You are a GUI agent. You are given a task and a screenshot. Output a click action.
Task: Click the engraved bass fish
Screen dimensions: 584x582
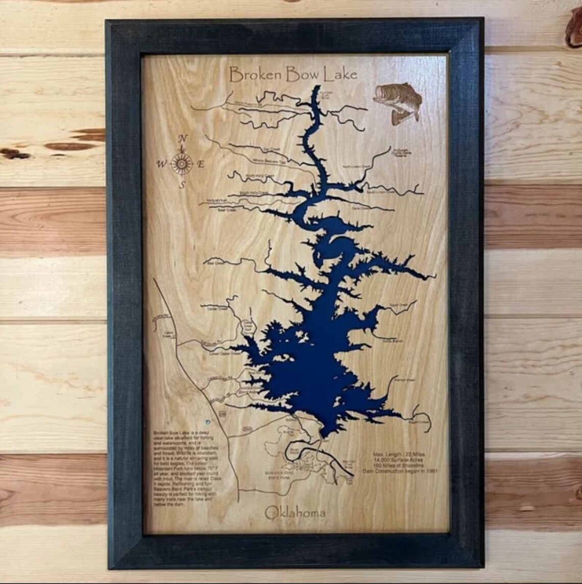point(399,102)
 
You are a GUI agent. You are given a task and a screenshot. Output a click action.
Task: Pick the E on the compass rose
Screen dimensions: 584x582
point(201,164)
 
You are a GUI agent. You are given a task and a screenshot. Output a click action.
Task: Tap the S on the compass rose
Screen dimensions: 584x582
point(182,186)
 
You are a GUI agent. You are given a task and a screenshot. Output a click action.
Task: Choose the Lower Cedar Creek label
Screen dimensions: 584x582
point(228,353)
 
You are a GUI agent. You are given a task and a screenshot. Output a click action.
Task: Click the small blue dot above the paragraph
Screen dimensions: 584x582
point(207,422)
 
